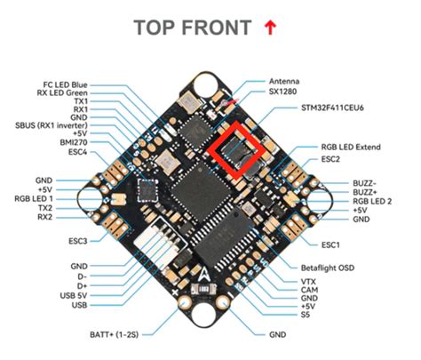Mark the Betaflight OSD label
(322, 266)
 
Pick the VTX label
(307, 281)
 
